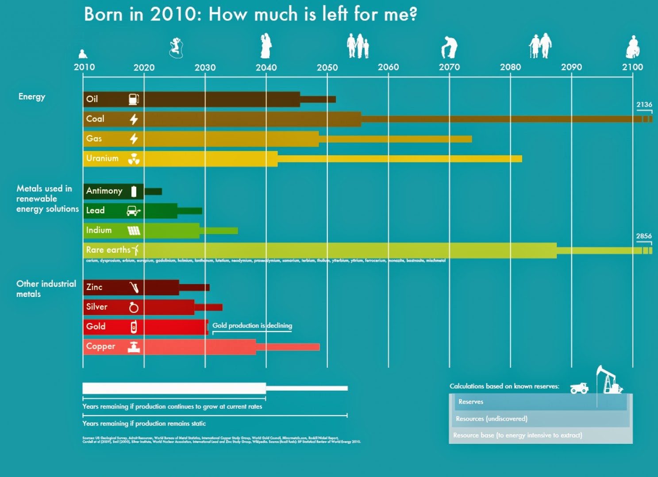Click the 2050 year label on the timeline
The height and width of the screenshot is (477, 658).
(327, 67)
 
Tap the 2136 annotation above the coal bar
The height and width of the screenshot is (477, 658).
(644, 105)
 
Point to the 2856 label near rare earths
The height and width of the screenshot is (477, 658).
(644, 236)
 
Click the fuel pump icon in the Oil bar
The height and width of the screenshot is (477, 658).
(134, 99)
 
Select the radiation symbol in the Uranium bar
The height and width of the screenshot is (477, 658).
(134, 159)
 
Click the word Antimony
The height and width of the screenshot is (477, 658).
(104, 191)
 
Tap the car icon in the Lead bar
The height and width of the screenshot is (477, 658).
(133, 211)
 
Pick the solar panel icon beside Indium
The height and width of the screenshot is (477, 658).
(134, 231)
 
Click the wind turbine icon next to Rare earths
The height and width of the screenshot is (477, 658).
(136, 250)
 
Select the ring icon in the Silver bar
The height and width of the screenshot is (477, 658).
(134, 307)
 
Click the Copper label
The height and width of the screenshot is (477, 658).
(100, 346)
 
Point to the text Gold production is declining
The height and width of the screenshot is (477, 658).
(252, 326)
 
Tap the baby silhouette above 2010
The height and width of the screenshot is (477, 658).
(82, 54)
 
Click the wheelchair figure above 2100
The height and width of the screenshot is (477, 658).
(633, 47)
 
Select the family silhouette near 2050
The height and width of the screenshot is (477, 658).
(358, 46)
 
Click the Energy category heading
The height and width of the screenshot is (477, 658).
(32, 97)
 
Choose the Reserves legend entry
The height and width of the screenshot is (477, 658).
(471, 402)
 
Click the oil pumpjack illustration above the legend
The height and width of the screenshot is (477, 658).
(609, 380)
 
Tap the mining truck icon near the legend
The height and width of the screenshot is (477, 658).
(579, 388)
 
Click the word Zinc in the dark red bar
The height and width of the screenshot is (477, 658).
(94, 287)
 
